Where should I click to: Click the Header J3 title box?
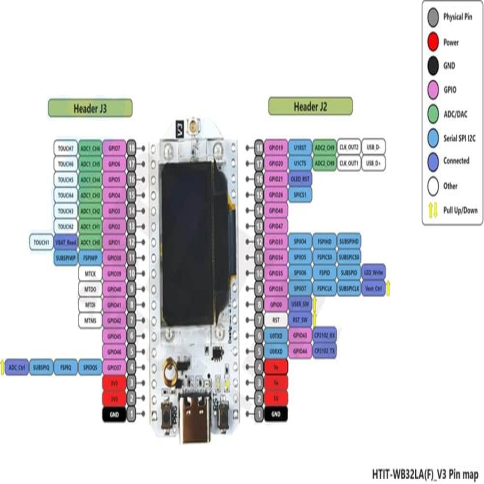(x=90, y=108)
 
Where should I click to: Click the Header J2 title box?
(x=310, y=107)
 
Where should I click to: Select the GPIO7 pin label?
(x=114, y=148)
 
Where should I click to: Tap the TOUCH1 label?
(x=41, y=242)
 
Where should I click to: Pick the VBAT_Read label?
(x=66, y=242)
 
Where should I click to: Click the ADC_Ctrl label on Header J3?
(x=17, y=367)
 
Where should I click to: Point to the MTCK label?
(x=90, y=274)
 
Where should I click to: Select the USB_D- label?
(x=373, y=147)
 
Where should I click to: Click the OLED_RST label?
(x=300, y=179)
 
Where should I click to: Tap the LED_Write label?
(x=373, y=273)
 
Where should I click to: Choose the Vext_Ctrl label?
(x=373, y=288)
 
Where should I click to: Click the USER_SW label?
(x=300, y=304)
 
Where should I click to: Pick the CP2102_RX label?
(x=324, y=335)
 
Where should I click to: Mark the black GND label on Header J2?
(x=276, y=414)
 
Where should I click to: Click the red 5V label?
(x=276, y=398)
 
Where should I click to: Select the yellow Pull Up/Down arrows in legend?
(x=433, y=210)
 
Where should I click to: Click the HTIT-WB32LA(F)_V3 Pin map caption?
(x=425, y=474)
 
